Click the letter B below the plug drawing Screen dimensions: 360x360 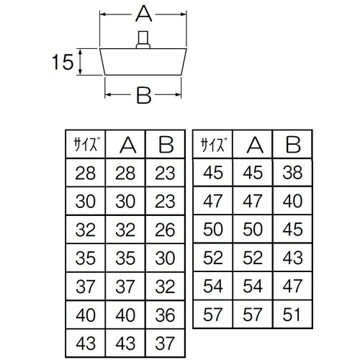coord(143,95)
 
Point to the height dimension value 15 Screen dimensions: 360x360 coord(62,63)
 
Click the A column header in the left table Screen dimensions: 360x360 coord(126,145)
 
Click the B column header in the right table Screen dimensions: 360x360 coord(292,145)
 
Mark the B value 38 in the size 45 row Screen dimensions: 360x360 coord(292,172)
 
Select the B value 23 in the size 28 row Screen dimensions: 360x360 coord(166,172)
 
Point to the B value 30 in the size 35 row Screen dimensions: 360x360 coord(166,257)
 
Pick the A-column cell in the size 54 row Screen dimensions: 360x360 coord(253,285)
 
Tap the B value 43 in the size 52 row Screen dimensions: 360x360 coord(292,257)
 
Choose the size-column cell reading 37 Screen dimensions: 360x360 coord(85,285)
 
